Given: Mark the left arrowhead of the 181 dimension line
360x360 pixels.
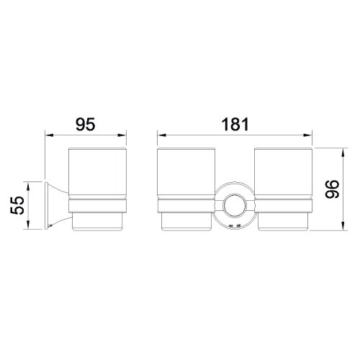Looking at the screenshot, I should pos(160,134).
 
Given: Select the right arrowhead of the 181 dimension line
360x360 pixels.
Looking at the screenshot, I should pos(312,134).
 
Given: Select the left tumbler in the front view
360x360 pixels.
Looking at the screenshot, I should pos(185,176).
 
